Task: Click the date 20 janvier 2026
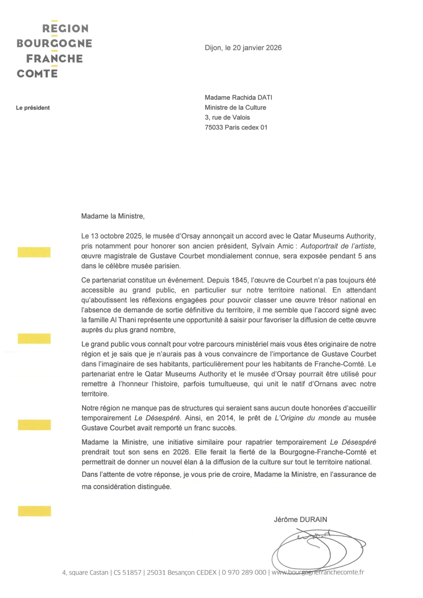click(x=257, y=48)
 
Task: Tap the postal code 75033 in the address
click(x=214, y=128)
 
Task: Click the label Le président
click(x=33, y=108)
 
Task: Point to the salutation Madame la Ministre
click(x=113, y=216)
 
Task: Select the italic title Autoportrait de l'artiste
click(x=337, y=246)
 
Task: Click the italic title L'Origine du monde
click(x=307, y=418)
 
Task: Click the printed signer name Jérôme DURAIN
click(x=300, y=520)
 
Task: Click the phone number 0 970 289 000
click(x=244, y=572)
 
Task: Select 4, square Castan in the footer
click(x=85, y=572)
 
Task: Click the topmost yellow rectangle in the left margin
click(x=34, y=252)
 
